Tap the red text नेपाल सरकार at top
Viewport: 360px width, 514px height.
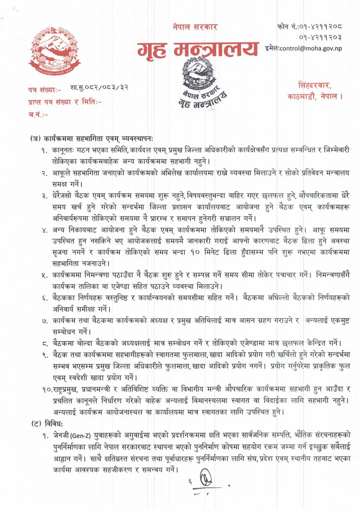pos(195,27)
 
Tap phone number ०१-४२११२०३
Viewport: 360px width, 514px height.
pos(320,37)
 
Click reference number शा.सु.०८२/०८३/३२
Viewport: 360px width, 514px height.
pos(99,87)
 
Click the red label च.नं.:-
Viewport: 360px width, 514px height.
pos(38,114)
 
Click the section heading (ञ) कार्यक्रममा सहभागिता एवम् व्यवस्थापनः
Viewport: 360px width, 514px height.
pos(94,138)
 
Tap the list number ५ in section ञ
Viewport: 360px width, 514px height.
pos(45,275)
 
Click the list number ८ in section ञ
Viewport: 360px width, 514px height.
pos(45,343)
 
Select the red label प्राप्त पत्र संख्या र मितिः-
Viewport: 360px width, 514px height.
pos(65,102)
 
